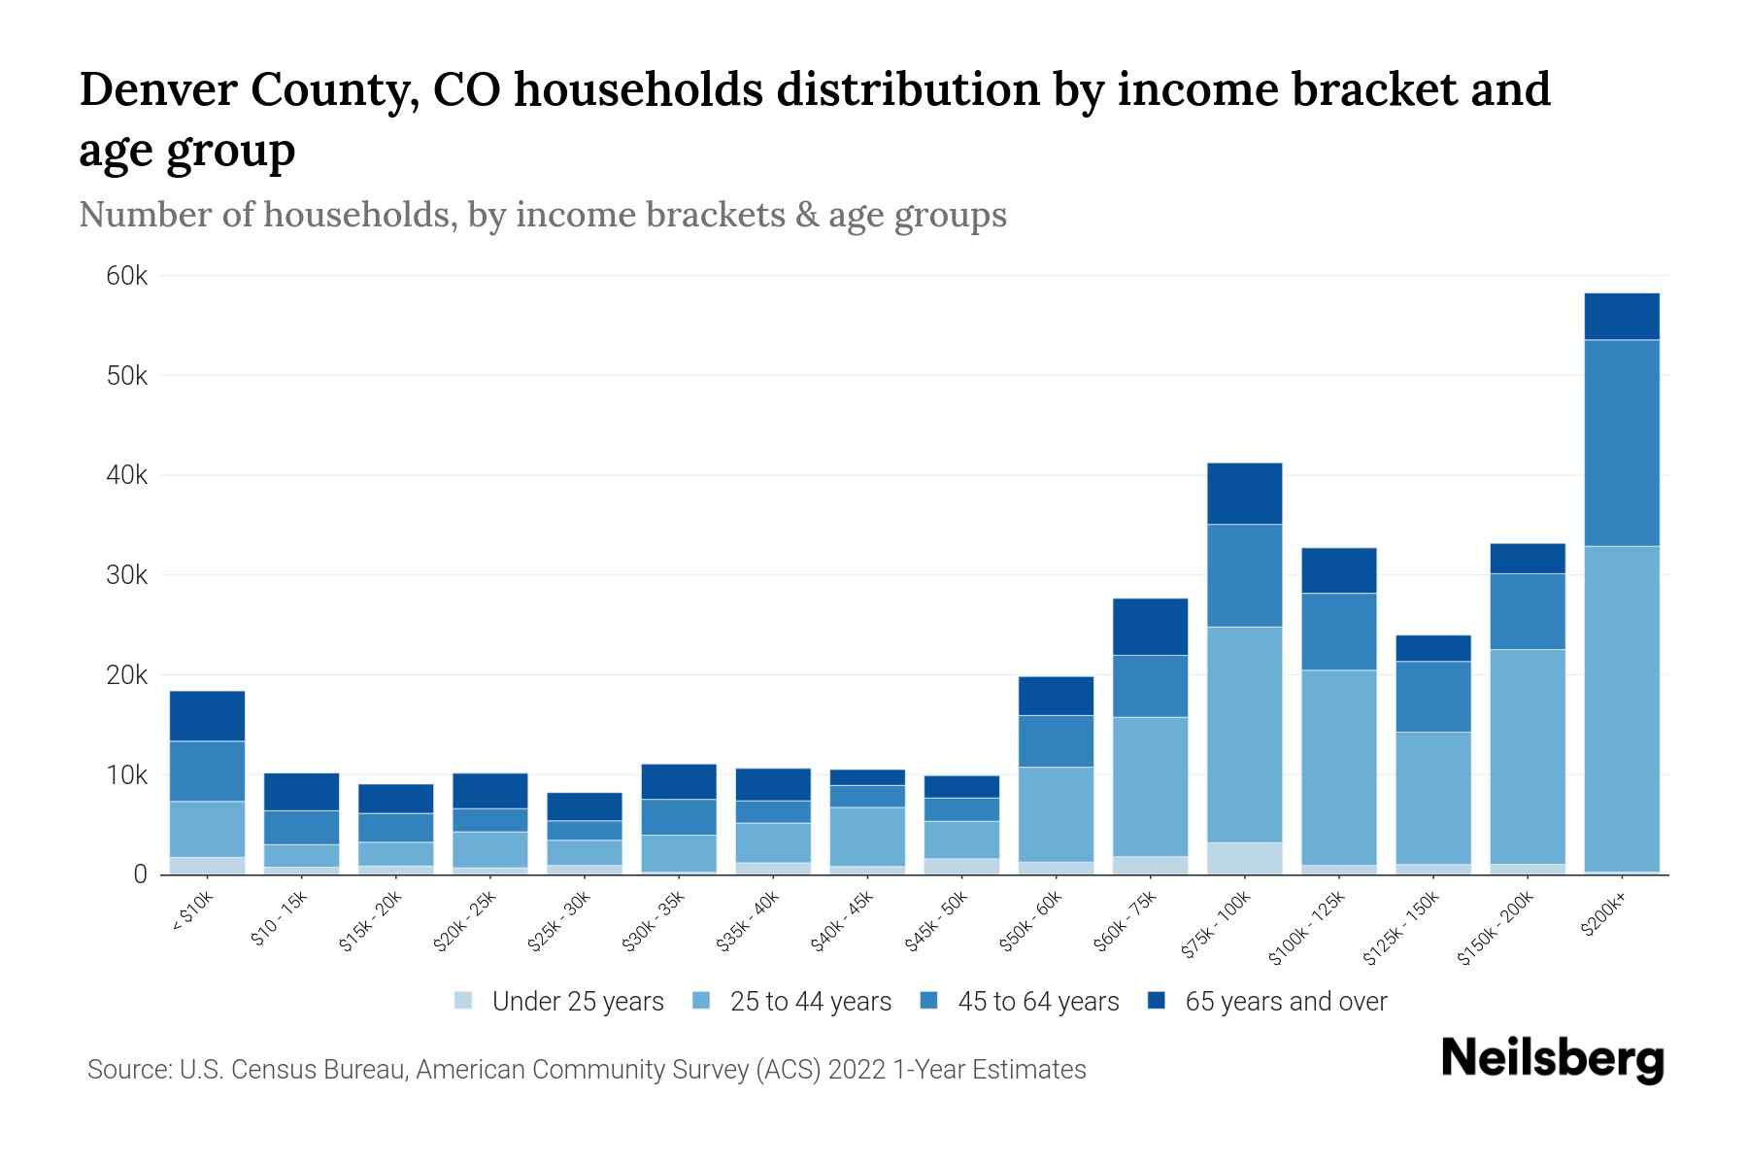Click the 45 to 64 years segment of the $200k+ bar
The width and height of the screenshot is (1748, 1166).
click(1621, 443)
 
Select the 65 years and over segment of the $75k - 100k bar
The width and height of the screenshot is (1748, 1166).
click(1244, 494)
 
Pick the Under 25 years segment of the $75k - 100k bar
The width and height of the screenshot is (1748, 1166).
click(1244, 858)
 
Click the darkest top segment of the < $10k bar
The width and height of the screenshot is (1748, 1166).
click(207, 716)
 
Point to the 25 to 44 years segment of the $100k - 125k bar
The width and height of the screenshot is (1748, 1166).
click(1338, 767)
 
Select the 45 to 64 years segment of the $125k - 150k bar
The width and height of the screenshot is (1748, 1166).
click(1432, 697)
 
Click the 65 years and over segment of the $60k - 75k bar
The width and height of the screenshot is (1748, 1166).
click(1150, 627)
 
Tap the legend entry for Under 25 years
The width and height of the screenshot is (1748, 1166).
click(559, 1002)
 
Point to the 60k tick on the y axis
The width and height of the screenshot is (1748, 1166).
click(127, 277)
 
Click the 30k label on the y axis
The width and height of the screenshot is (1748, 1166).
click(127, 576)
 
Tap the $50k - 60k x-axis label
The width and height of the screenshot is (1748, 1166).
click(1031, 923)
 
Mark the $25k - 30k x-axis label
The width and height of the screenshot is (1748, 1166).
click(558, 923)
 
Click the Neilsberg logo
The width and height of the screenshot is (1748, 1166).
click(1552, 1059)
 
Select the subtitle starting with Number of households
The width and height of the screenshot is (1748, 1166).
click(542, 215)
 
